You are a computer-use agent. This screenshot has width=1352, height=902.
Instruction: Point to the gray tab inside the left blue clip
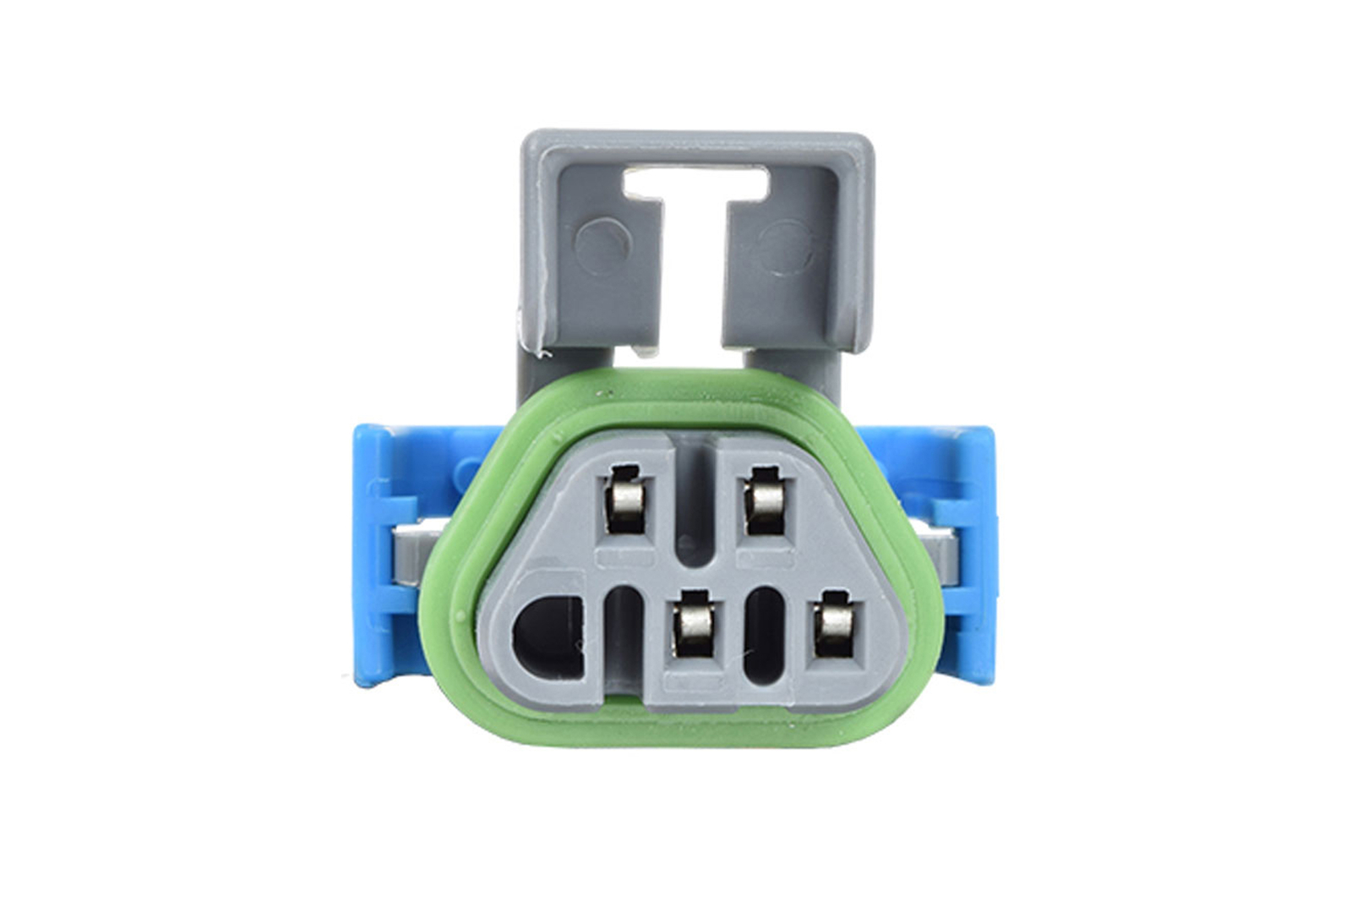pos(415,554)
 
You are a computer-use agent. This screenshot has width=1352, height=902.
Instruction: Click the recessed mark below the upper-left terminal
pos(624,560)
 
